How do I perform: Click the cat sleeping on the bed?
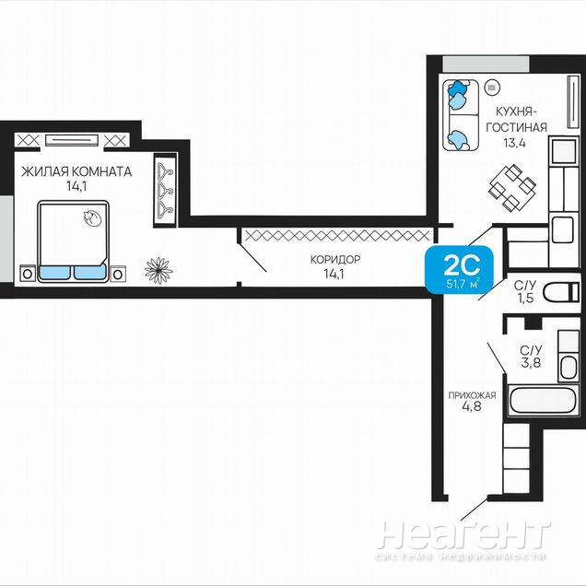point(91,217)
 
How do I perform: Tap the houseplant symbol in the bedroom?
point(158,270)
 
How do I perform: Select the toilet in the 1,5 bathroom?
point(561,292)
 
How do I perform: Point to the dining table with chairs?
point(512,187)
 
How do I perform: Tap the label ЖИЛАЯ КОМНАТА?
point(76,171)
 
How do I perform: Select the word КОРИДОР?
point(335,259)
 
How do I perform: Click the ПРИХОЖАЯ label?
point(472,395)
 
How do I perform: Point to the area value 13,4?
point(514,143)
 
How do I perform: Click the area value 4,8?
point(472,406)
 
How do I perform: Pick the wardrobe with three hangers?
point(165,190)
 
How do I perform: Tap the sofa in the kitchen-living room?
point(461,115)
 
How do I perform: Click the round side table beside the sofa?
point(492,88)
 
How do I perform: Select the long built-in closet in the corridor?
point(335,236)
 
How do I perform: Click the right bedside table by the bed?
point(118,274)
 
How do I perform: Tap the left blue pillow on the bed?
point(54,272)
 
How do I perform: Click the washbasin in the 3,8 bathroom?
point(568,367)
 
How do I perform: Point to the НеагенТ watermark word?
point(464,534)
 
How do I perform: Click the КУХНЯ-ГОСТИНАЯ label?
point(516,120)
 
